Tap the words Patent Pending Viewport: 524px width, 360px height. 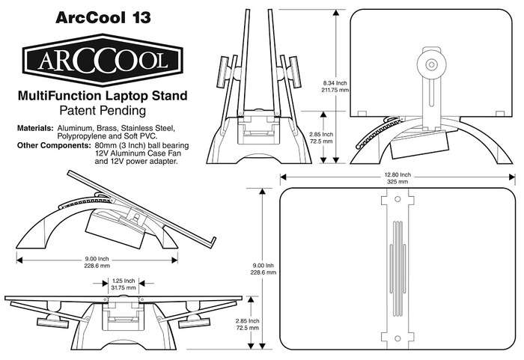click(x=103, y=112)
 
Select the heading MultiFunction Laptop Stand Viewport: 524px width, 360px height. click(x=103, y=97)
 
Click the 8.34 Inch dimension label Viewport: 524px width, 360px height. click(x=334, y=82)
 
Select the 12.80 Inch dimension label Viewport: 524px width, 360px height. click(x=397, y=174)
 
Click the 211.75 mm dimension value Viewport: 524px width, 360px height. click(x=335, y=89)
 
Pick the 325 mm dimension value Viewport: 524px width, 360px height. click(x=397, y=182)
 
